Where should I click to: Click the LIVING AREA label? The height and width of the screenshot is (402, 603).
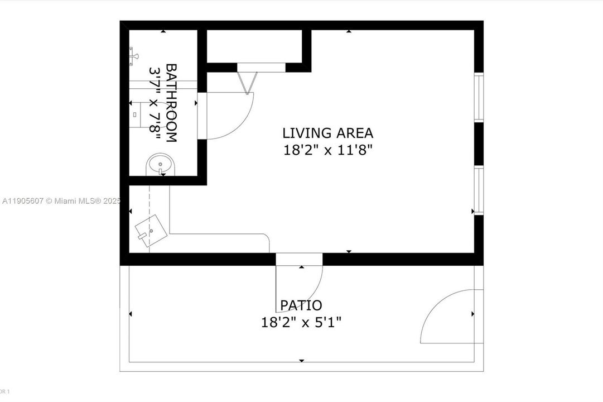pyautogui.click(x=327, y=133)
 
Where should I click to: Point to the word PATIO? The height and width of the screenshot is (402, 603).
pyautogui.click(x=301, y=305)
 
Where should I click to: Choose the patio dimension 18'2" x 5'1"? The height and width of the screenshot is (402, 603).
pyautogui.click(x=301, y=322)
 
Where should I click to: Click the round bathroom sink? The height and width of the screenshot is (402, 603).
pyautogui.click(x=160, y=166)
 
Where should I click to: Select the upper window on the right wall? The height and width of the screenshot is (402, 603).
pyautogui.click(x=478, y=97)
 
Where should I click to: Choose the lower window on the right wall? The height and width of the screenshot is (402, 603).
pyautogui.click(x=478, y=190)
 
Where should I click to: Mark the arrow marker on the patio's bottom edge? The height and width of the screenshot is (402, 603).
pyautogui.click(x=302, y=361)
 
